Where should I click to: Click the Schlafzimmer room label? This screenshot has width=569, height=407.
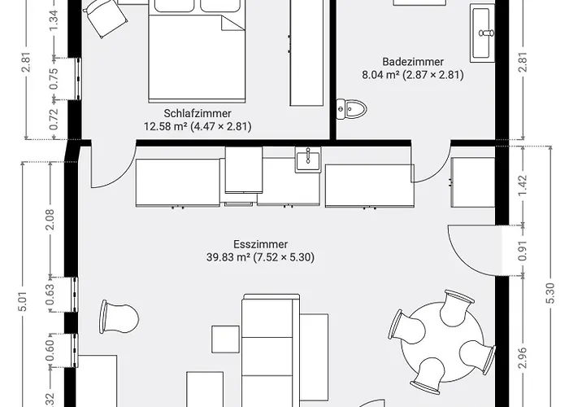198,113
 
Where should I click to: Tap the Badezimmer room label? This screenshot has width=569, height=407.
413,61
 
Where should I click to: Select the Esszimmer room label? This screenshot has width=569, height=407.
261,244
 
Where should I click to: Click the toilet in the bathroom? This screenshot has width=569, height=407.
351,108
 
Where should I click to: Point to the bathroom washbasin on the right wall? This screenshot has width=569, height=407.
482,33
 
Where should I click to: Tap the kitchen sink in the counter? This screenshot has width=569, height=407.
308,160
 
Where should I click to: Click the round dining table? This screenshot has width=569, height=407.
442,344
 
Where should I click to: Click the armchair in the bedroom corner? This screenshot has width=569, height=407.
105,17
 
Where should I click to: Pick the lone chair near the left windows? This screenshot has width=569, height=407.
119,317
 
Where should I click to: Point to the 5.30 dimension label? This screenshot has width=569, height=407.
550,293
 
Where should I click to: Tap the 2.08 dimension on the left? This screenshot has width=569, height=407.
50,219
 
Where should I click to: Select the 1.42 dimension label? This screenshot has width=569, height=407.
523,186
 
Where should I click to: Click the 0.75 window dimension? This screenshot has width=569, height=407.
54,79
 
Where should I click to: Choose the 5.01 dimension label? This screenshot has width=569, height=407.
23,301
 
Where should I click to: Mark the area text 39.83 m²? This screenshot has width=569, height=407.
228,257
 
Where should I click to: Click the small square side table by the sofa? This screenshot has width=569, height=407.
225,339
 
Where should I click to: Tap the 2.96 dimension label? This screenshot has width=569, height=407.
523,358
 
